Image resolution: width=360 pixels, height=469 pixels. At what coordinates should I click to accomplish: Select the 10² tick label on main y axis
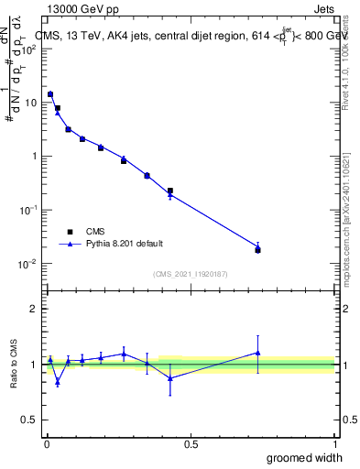click(28, 49)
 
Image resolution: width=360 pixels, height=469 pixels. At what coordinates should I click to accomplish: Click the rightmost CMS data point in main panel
click(257, 250)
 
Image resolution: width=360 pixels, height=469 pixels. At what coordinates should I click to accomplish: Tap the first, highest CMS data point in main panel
click(50, 94)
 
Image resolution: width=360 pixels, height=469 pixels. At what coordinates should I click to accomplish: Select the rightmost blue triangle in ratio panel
click(257, 353)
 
